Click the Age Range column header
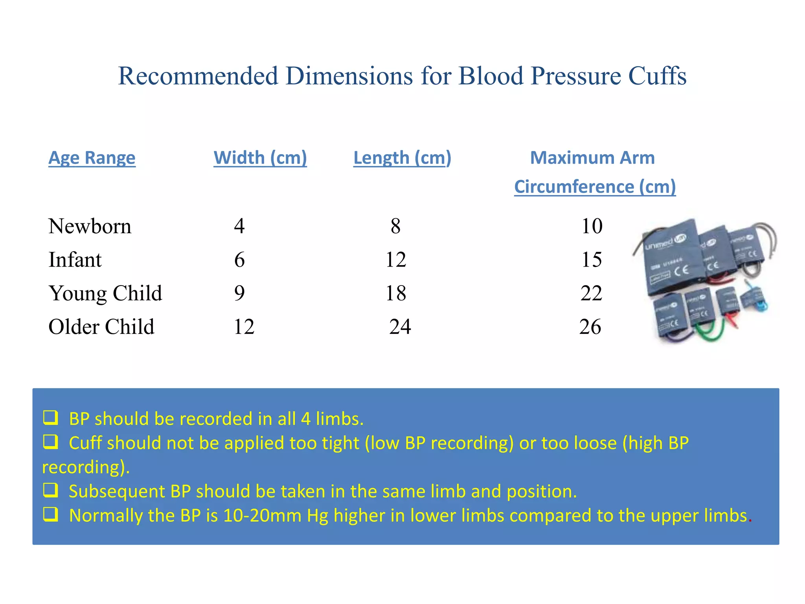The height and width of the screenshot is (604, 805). tap(92, 158)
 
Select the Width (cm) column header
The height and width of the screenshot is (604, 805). tap(260, 158)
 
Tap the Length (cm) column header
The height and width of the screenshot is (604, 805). tap(402, 158)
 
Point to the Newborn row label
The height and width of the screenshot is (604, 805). tap(90, 226)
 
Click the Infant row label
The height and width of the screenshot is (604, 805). tap(75, 260)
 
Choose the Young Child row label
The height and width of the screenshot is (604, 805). tap(105, 293)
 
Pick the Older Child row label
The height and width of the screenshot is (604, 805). tap(101, 327)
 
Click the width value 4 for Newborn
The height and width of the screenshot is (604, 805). tap(239, 226)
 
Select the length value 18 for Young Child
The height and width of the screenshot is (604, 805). tap(396, 293)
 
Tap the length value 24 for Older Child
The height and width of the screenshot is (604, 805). tap(400, 327)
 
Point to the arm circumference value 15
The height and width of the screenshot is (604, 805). tap(592, 260)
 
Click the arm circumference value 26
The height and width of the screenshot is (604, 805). tap(590, 327)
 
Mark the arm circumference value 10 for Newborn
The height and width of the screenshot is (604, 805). tap(592, 226)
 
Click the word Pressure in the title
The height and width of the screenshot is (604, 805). tap(575, 75)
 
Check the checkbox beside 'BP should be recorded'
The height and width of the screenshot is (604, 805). tap(51, 418)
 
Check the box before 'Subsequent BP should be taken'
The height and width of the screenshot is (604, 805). tap(51, 490)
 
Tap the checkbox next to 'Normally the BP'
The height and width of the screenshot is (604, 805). tap(51, 514)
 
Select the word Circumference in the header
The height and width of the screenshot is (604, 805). tap(574, 187)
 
